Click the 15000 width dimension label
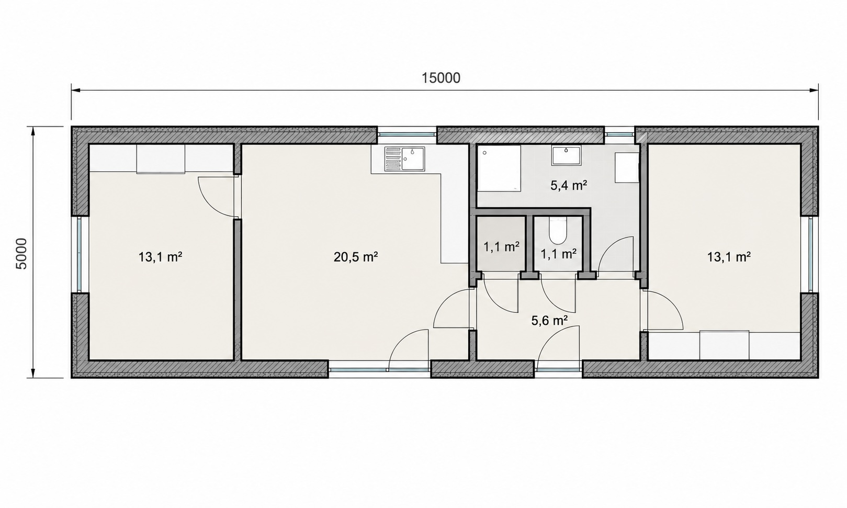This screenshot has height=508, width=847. coord(441,78)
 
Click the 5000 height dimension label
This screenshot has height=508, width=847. coord(21,253)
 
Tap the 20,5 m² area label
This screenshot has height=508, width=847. coord(356,257)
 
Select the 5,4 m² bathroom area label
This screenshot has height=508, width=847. coord(569,185)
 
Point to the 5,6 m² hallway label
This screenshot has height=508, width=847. coord(549,321)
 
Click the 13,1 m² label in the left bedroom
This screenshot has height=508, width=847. coord(160,257)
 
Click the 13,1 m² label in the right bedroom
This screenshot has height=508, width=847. coord(729,257)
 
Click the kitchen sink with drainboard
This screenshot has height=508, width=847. coord(404,159)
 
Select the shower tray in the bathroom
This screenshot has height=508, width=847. coord(499,168)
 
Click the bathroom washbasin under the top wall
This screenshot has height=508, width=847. coord(566,155)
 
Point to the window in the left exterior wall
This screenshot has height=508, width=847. coord(80,254)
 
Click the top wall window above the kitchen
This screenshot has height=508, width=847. coord(407,133)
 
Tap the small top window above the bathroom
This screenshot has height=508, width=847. coord(619,133)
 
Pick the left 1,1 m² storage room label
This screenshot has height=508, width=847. coord(501,247)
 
